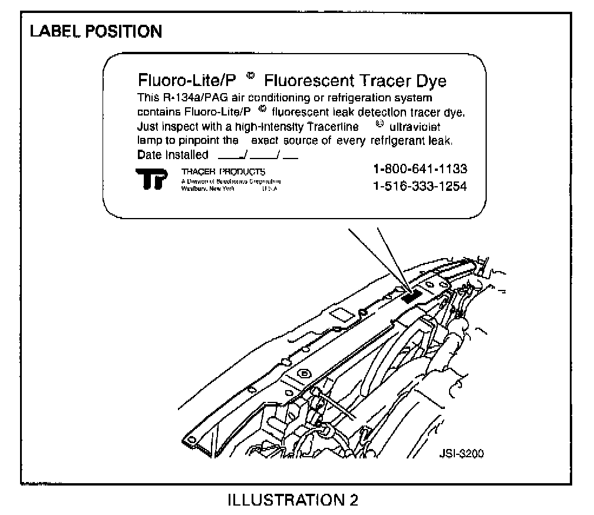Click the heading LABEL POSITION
(95, 31)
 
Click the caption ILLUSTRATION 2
(293, 500)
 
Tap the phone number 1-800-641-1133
(420, 170)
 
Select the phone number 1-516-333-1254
(420, 187)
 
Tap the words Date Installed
(173, 156)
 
